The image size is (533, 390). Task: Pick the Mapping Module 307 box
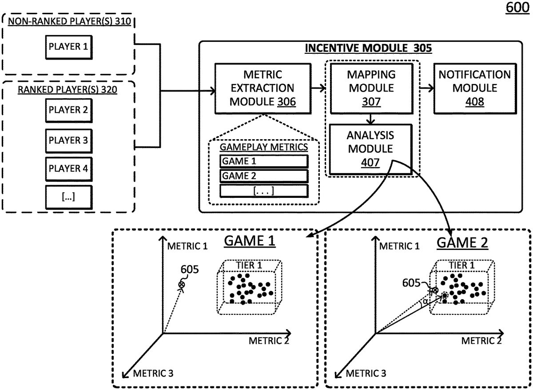coord(371,88)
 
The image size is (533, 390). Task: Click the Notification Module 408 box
coord(474,88)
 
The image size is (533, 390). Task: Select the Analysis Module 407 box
coord(370,149)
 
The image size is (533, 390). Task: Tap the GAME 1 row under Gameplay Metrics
coord(264,161)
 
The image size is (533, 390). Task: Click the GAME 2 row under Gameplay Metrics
coord(264,176)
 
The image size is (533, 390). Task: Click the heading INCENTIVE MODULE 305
coord(368,48)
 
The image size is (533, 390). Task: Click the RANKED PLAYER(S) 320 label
coord(68,89)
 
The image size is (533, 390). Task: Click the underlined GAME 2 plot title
coord(462,243)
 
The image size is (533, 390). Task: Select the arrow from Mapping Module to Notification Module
coord(427,88)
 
